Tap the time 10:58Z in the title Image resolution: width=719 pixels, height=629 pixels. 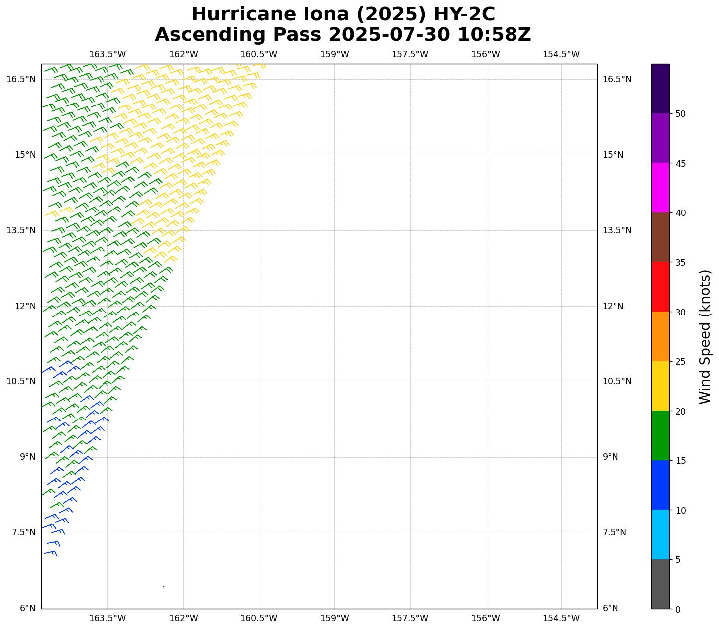pyautogui.click(x=494, y=35)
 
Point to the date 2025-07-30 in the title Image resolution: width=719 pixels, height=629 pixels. pyautogui.click(x=389, y=35)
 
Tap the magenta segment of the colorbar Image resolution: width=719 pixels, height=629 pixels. pyautogui.click(x=660, y=188)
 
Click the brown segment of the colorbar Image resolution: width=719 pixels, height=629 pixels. pyautogui.click(x=660, y=237)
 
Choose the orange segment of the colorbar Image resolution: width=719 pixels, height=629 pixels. pyautogui.click(x=660, y=336)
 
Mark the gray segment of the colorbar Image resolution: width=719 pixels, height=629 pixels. pyautogui.click(x=660, y=584)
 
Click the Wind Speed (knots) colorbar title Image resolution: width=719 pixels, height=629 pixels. pyautogui.click(x=705, y=336)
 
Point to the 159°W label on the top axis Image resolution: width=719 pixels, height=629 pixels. pyautogui.click(x=334, y=54)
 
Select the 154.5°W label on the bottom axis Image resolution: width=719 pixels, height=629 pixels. pyautogui.click(x=561, y=618)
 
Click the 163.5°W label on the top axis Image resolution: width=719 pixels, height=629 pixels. pyautogui.click(x=107, y=54)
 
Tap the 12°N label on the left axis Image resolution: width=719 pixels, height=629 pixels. pyautogui.click(x=25, y=306)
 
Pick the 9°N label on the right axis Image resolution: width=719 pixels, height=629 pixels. pyautogui.click(x=611, y=457)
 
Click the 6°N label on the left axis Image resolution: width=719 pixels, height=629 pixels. pyautogui.click(x=27, y=608)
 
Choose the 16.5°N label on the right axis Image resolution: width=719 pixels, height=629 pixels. pyautogui.click(x=617, y=79)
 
